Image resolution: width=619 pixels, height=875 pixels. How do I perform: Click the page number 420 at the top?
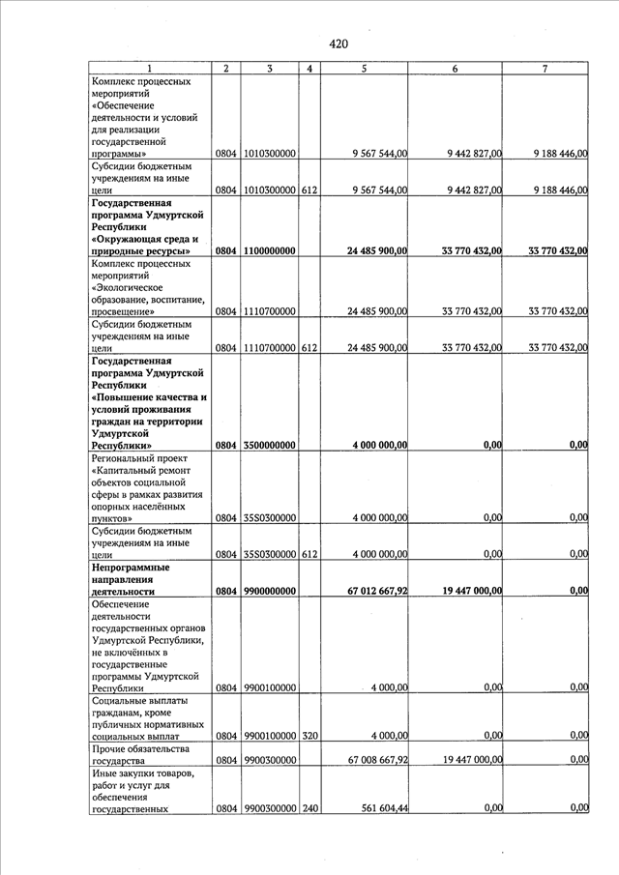click(x=338, y=44)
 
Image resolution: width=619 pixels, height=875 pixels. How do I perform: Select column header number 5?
click(x=364, y=69)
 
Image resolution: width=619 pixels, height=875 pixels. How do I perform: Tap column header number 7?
click(x=545, y=69)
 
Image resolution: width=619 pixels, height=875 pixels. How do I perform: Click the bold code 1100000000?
click(x=270, y=251)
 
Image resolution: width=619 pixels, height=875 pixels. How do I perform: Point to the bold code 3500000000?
click(x=270, y=446)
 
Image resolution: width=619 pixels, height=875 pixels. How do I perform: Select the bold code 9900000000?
click(x=270, y=590)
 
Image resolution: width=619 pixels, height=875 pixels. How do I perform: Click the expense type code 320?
click(x=309, y=736)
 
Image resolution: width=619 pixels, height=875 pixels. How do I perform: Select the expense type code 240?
click(x=309, y=808)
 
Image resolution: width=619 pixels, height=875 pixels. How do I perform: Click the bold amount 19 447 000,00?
click(x=459, y=590)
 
